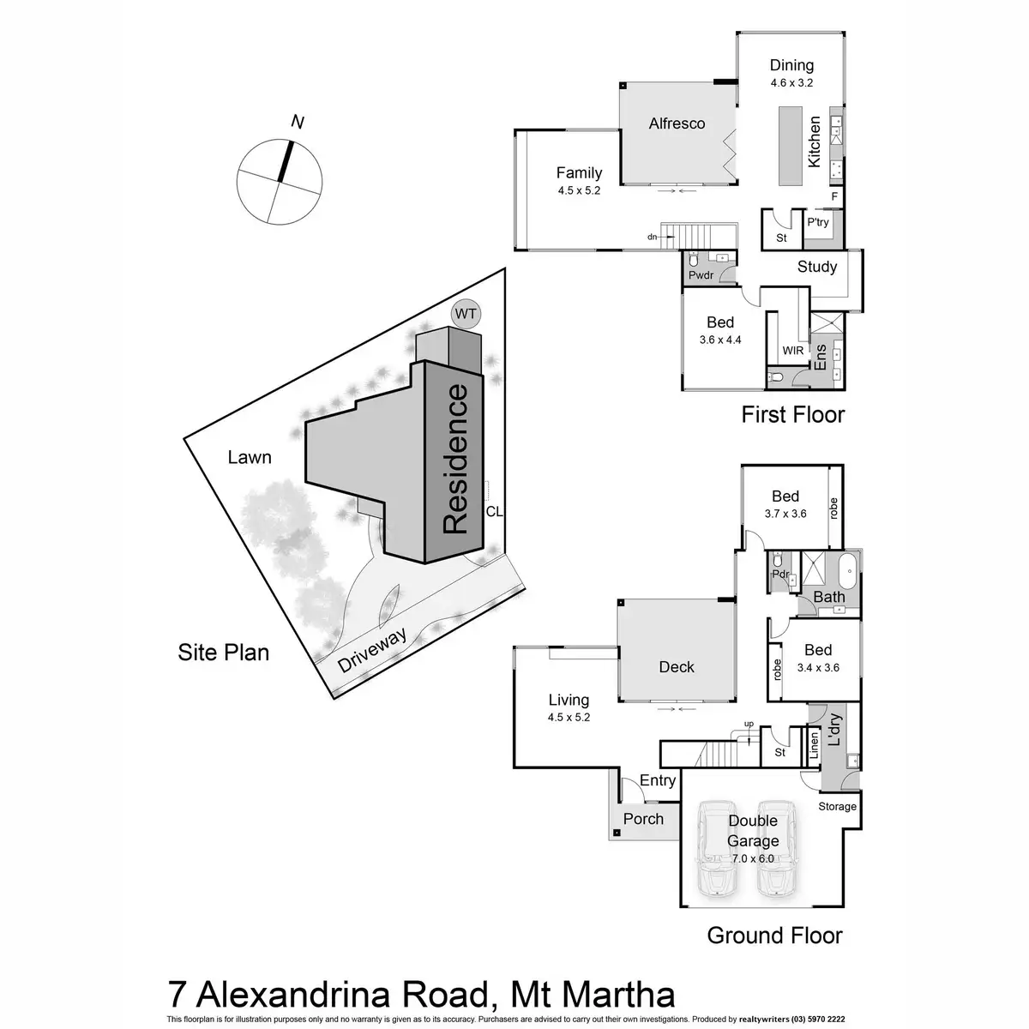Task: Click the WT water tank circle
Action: (x=465, y=314)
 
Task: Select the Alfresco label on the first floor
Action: (x=677, y=123)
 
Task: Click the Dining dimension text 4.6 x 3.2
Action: (x=791, y=83)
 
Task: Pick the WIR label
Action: (x=792, y=351)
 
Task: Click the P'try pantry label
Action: (x=816, y=223)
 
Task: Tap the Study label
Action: (x=816, y=267)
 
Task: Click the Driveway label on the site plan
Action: (x=370, y=650)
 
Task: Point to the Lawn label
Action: (x=250, y=457)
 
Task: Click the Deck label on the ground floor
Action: (x=677, y=666)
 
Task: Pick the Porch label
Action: (x=643, y=818)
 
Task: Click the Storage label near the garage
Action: (x=837, y=806)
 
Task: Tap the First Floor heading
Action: (x=792, y=415)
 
